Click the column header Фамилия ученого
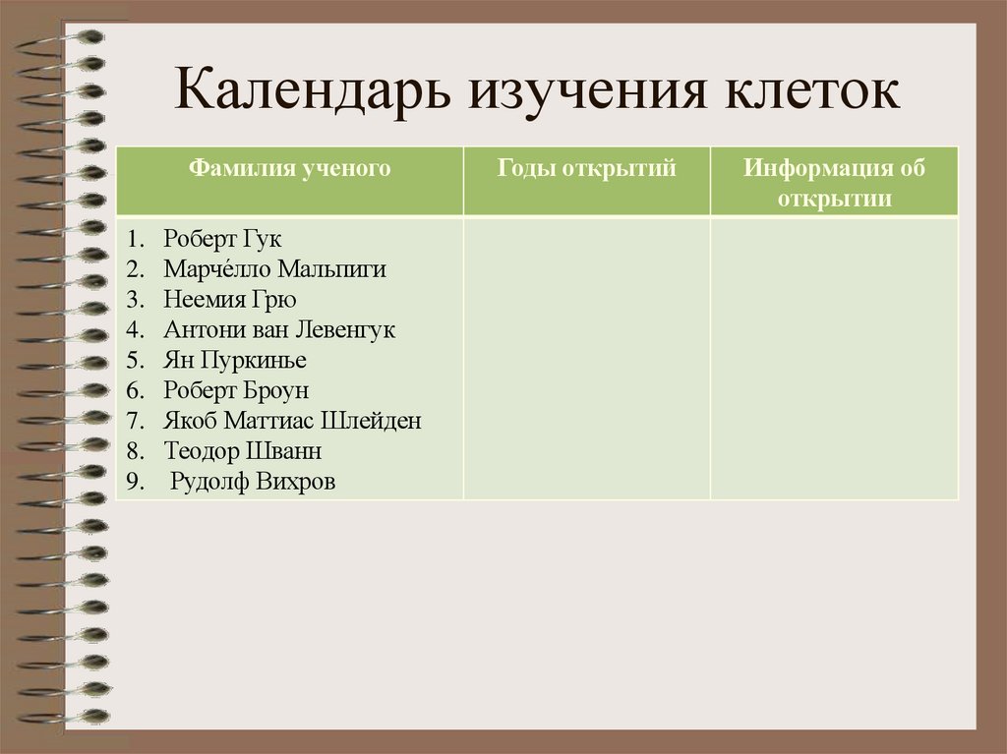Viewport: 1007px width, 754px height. point(290,168)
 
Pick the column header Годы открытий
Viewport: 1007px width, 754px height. point(587,168)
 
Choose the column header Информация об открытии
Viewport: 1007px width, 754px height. point(834,182)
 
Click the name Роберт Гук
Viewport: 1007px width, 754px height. point(222,239)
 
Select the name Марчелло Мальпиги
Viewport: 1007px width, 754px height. point(275,269)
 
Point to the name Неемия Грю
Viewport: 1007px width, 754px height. point(230,300)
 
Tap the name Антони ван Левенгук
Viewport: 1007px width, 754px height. point(279,330)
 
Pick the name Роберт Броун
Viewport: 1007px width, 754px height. point(236,390)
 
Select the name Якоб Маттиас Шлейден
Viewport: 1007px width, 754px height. point(293,421)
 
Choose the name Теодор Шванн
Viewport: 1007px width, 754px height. point(243,451)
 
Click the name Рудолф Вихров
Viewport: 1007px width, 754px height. point(253,482)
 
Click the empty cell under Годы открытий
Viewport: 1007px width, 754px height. point(587,359)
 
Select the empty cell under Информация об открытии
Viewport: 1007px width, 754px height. point(834,359)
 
